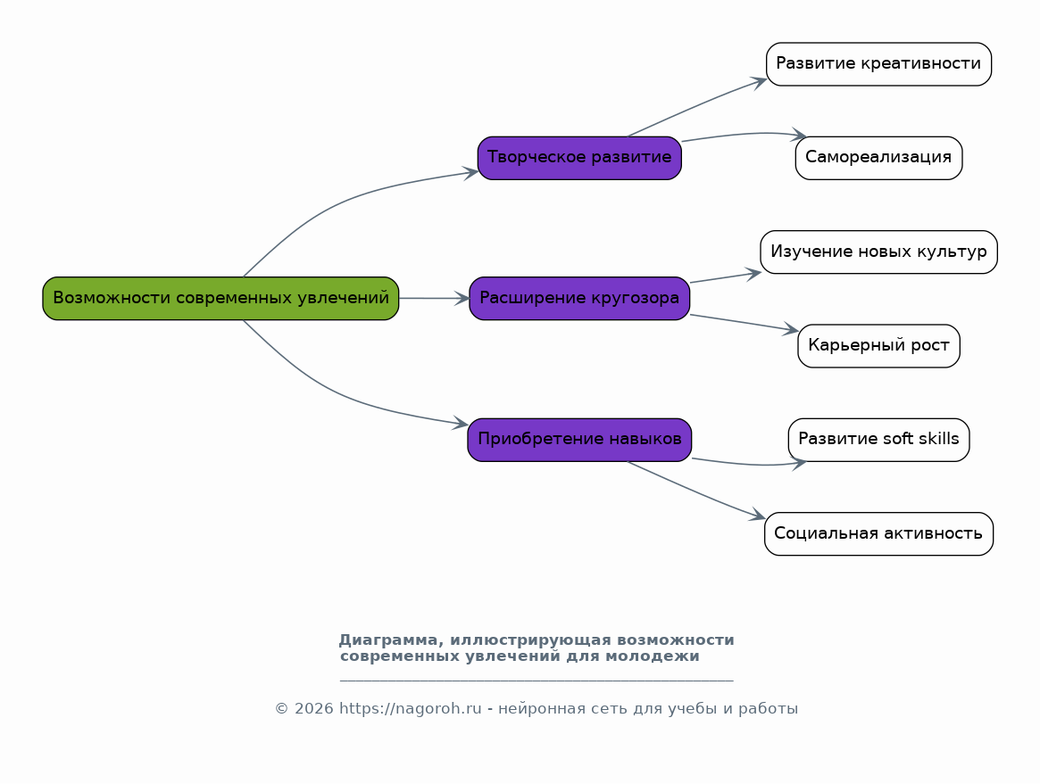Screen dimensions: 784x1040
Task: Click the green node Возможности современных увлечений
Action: [x=220, y=298]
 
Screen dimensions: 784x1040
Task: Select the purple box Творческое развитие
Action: [x=579, y=158]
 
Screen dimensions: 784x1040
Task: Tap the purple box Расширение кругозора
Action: [x=579, y=298]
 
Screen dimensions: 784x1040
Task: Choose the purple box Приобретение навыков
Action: [x=579, y=439]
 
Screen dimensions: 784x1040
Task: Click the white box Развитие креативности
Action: [x=878, y=64]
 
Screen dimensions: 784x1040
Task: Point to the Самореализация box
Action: [x=878, y=158]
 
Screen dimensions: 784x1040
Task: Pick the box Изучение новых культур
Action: [x=878, y=252]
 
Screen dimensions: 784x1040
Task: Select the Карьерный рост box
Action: [x=878, y=345]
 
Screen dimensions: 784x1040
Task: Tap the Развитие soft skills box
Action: [x=878, y=439]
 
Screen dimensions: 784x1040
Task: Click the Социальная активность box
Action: [x=878, y=533]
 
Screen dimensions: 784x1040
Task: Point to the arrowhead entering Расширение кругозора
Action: [x=462, y=298]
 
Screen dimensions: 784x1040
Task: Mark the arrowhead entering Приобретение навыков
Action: [x=461, y=425]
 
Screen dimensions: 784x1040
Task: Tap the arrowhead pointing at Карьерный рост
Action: [x=791, y=331]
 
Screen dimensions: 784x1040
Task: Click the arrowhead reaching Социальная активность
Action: [x=758, y=516]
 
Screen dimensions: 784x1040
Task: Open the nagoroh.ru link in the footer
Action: [x=410, y=709]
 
